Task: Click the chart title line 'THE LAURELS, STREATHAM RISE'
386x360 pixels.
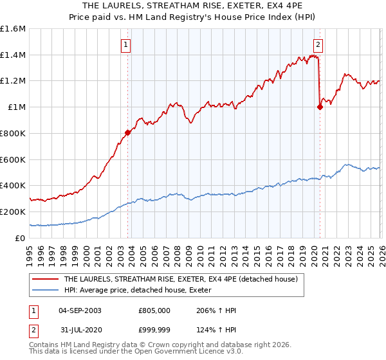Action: [x=193, y=6]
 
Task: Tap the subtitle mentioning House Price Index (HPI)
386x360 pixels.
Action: [x=193, y=17]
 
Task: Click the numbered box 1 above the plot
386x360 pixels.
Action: [x=125, y=44]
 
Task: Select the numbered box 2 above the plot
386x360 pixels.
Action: [x=318, y=44]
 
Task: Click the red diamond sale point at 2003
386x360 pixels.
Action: [x=127, y=132]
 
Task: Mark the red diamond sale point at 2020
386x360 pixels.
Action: [x=320, y=107]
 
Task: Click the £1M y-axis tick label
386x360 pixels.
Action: [x=15, y=107]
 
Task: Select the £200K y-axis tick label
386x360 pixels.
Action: [x=13, y=212]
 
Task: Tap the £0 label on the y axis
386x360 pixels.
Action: [x=19, y=238]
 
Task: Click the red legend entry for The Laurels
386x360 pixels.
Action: [x=180, y=280]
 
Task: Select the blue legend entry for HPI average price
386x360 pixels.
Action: [x=142, y=291]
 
